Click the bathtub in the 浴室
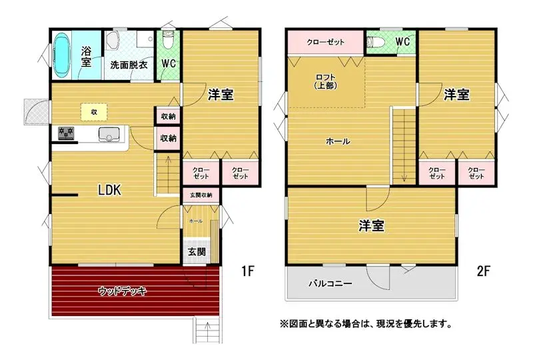[62, 55]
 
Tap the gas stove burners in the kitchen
[66, 133]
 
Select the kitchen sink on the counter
[109, 135]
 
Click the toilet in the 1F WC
[167, 40]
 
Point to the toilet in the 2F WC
[376, 42]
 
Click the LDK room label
[109, 190]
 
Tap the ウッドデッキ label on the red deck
[123, 291]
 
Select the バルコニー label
[330, 283]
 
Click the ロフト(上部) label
[326, 81]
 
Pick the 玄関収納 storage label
[201, 195]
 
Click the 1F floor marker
[248, 271]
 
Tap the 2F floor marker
[484, 271]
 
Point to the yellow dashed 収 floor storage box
[94, 112]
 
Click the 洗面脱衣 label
[129, 65]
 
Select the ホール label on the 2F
[338, 141]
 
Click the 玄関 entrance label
[197, 252]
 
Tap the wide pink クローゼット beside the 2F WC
[326, 42]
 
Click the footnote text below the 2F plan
[366, 323]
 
